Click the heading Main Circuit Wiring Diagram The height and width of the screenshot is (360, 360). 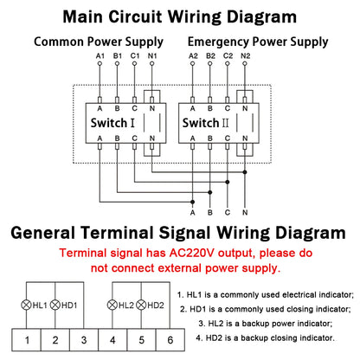coord(180,16)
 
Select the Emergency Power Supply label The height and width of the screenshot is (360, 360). coord(259,42)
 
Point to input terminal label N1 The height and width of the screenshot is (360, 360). coord(152,59)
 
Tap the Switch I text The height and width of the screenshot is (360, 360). coord(114,122)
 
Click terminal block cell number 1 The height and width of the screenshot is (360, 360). coord(28,339)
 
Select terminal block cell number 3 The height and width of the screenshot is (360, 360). coord(82,339)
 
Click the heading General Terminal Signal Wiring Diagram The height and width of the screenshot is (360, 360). coord(180,233)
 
